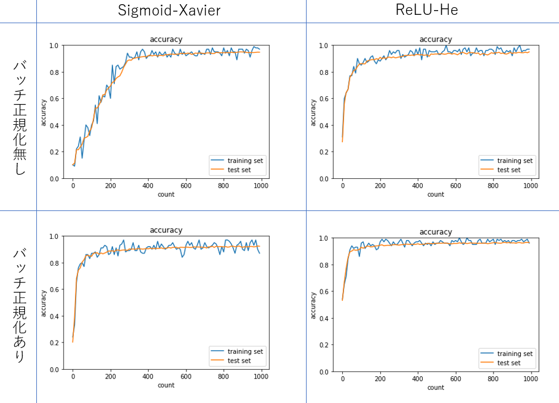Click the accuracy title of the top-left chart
(166, 39)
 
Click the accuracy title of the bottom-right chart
(436, 232)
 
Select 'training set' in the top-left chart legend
(245, 160)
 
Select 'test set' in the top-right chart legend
(508, 170)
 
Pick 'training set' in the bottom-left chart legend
(245, 351)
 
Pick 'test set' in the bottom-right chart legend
(508, 363)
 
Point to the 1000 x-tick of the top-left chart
(260, 185)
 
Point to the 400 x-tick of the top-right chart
(417, 185)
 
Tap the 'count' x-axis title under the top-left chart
(166, 194)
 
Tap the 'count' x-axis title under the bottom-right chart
(436, 388)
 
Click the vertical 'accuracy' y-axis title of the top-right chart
(313, 112)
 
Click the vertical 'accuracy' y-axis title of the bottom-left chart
(43, 303)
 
